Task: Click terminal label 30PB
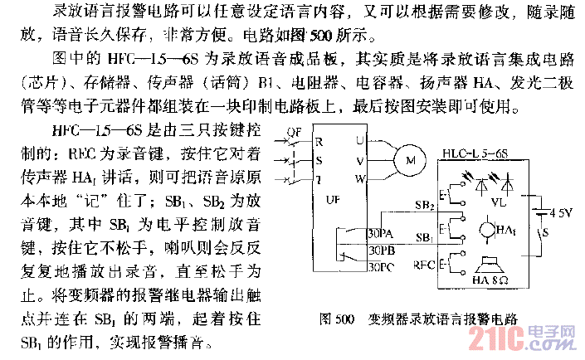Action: (x=380, y=250)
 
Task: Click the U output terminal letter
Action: (x=359, y=139)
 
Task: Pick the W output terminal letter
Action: (x=359, y=178)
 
